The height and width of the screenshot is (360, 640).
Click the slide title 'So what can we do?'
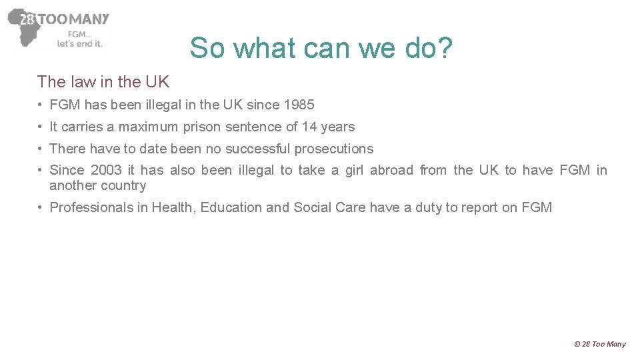(321, 48)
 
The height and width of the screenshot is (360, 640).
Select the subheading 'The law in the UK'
(103, 82)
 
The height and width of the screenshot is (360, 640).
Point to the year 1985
(299, 105)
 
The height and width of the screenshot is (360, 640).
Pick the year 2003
(106, 170)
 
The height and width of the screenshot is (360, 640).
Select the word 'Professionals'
(91, 207)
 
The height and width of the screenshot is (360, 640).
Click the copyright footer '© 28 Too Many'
(599, 344)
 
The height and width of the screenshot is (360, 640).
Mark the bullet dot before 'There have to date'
(41, 149)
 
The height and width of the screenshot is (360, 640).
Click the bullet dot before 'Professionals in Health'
(41, 207)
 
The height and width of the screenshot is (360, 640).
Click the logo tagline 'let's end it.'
(79, 44)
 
